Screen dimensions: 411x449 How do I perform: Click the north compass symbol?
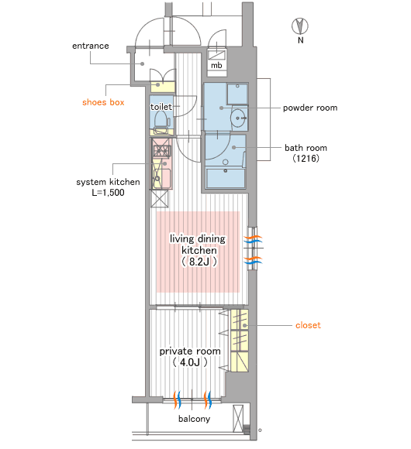tap(300, 26)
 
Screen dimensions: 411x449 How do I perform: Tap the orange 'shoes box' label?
tap(103, 102)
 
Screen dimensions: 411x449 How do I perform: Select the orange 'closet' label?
tap(308, 325)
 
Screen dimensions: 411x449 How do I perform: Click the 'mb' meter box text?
tap(216, 66)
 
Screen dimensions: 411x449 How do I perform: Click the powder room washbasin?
tap(238, 118)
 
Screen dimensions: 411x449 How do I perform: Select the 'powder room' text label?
tap(310, 108)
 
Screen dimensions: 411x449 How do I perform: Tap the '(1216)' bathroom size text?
tap(306, 159)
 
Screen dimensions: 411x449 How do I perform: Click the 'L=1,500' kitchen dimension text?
tap(108, 193)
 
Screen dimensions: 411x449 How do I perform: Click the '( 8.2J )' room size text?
tap(199, 262)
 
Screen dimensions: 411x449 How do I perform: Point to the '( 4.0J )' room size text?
tap(190, 362)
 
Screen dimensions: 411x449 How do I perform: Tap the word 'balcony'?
tap(194, 419)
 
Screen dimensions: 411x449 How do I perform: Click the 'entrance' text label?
tap(91, 46)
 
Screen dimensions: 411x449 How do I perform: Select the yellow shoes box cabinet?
tap(163, 87)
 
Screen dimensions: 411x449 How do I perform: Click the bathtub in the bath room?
tap(226, 178)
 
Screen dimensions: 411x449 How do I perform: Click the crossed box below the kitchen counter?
tap(160, 198)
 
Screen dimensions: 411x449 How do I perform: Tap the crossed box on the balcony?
tap(238, 418)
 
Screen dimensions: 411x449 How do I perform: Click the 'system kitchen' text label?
tap(108, 182)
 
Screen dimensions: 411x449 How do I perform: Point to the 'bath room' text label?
tap(306, 148)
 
